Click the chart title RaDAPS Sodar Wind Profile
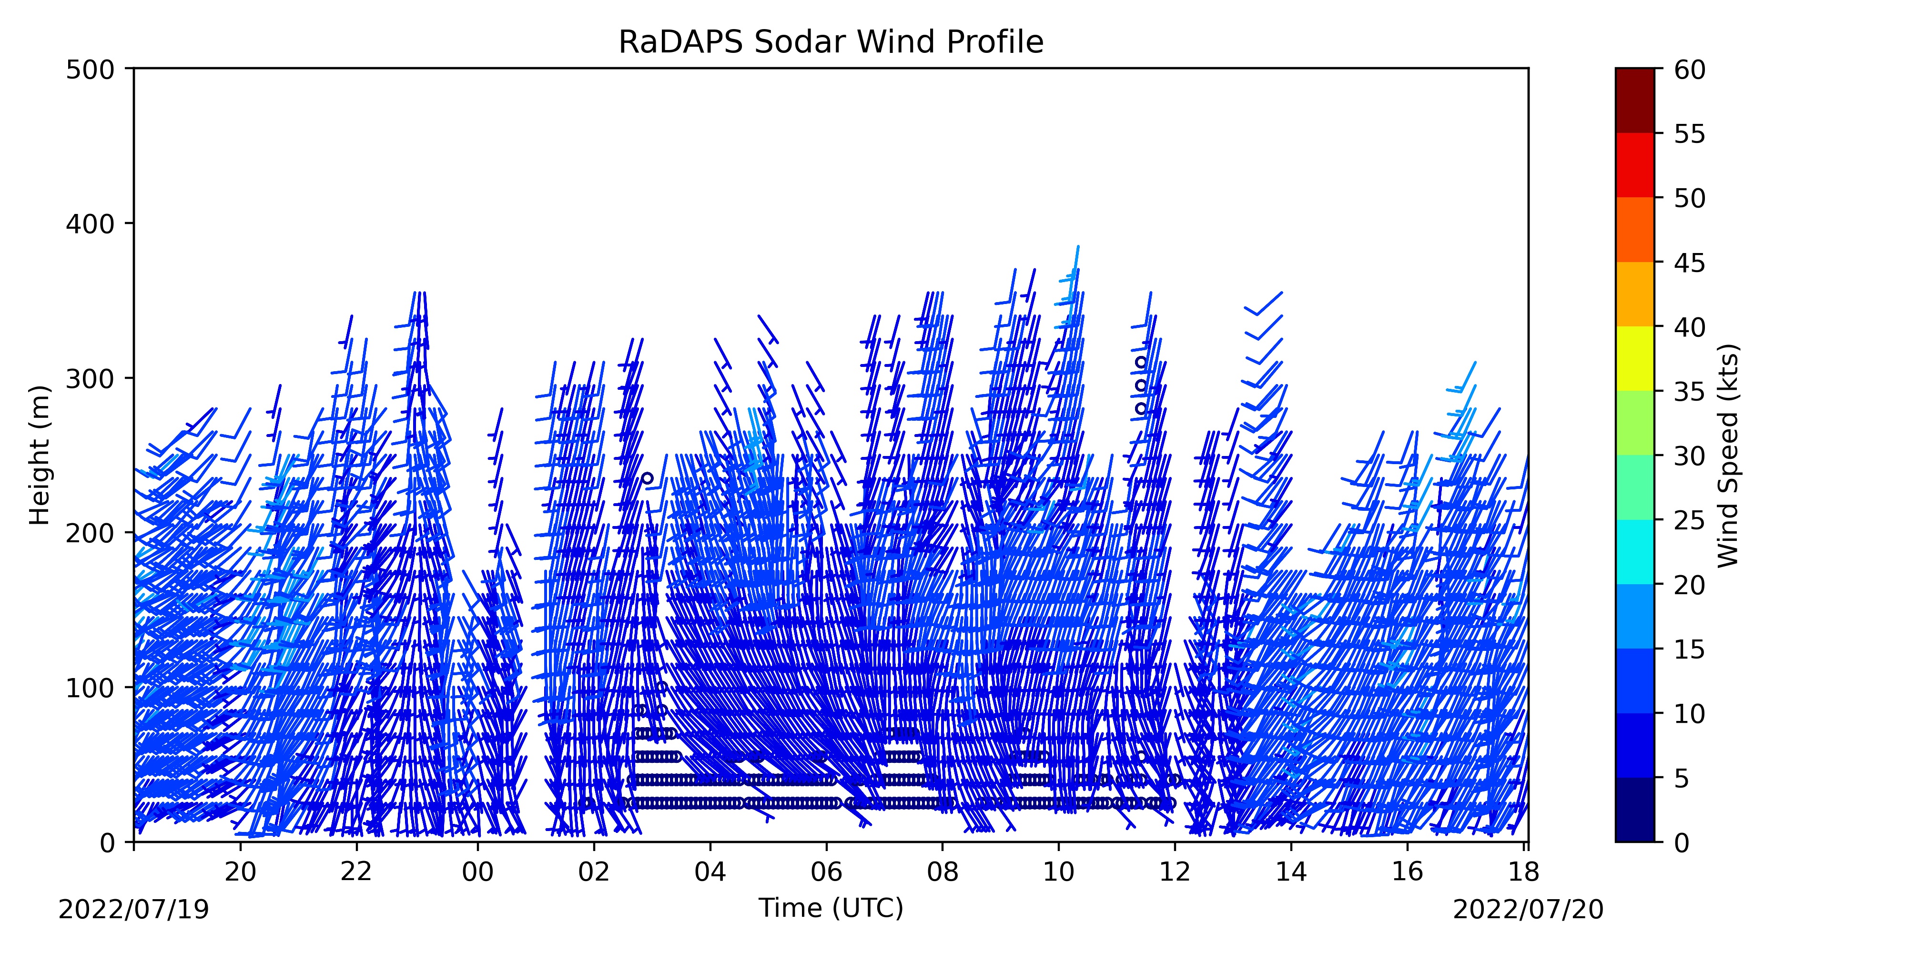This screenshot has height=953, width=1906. click(831, 42)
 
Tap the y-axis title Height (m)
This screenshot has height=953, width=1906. click(40, 455)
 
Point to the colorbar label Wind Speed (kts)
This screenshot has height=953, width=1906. click(1728, 455)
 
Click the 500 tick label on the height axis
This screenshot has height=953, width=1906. click(90, 70)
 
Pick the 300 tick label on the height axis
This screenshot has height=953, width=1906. click(90, 378)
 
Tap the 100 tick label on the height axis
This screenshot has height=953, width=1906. click(90, 688)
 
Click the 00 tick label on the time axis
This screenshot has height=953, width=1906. click(478, 872)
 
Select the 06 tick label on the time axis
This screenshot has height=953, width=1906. click(826, 872)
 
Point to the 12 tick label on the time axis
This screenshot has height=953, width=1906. click(1175, 872)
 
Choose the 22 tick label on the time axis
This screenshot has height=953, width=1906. click(356, 872)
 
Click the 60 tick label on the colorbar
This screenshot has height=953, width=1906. click(1690, 70)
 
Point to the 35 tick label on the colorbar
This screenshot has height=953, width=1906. click(1690, 391)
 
